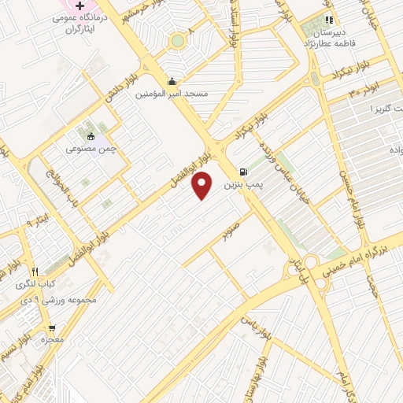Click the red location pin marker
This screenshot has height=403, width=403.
click(203, 185)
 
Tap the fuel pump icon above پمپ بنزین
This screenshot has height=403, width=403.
click(242, 172)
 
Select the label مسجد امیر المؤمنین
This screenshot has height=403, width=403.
click(172, 94)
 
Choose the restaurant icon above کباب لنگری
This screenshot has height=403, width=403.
click(35, 271)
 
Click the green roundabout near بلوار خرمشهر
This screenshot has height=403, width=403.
click(179, 40)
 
